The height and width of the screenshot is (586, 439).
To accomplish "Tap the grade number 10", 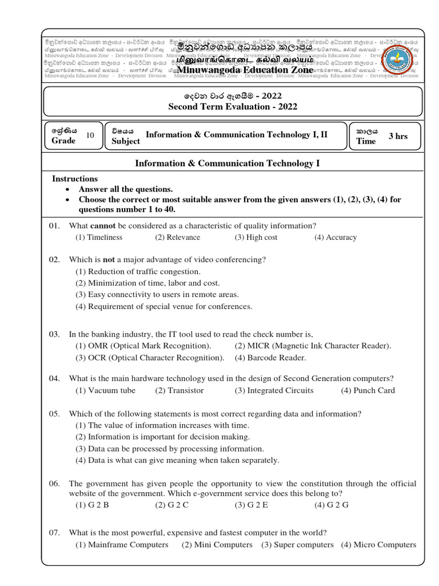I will click(90, 135).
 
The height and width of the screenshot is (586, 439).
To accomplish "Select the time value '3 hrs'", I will click(398, 136).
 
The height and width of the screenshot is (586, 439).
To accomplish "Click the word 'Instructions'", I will click(75, 179).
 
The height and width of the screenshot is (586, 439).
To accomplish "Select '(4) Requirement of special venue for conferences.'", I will click(163, 306).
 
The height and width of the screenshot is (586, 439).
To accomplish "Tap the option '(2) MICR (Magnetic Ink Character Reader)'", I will click(313, 346).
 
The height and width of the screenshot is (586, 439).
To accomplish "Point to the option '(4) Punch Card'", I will click(368, 390).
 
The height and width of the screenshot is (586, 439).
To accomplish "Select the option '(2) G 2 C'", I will click(171, 505).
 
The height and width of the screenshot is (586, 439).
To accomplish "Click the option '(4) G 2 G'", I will click(331, 505).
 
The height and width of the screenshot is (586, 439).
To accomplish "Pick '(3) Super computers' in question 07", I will click(297, 545).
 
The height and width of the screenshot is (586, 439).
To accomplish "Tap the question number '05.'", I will click(54, 414).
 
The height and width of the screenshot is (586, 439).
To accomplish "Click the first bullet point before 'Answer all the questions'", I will click(68, 189).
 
